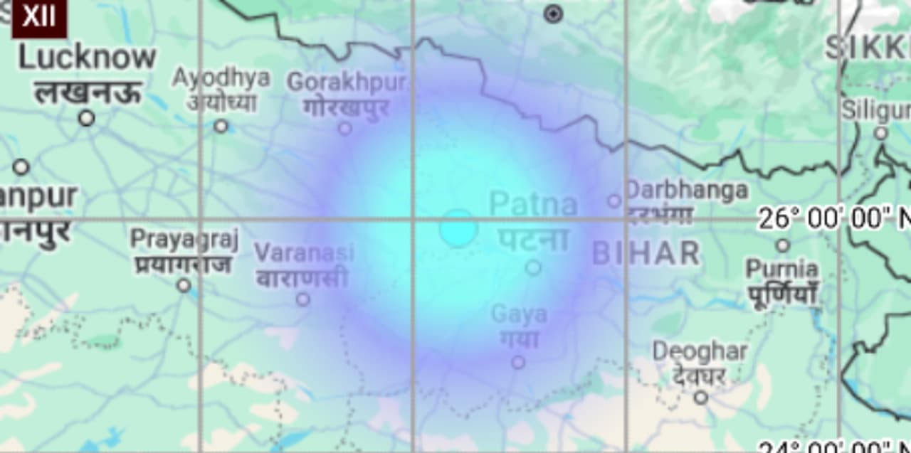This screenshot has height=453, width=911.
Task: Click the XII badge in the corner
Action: point(38,17)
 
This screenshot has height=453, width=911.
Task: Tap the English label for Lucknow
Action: point(87,58)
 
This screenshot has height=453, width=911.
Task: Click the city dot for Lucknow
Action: point(87,118)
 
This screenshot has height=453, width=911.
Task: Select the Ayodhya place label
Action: point(221,78)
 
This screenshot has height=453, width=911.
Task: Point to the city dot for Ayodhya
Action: point(221,126)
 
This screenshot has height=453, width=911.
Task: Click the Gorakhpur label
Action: point(347,82)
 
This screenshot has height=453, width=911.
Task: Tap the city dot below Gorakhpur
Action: point(345,128)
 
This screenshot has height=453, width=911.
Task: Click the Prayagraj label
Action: point(184,239)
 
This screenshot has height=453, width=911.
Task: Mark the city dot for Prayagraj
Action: point(184,285)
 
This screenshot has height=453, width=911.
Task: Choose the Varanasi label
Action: point(304,252)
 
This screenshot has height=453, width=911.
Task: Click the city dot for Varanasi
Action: point(303,299)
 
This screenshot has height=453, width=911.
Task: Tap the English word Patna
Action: point(533,205)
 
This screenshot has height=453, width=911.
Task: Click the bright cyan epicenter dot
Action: point(458,228)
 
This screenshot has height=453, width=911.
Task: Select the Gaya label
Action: point(519,314)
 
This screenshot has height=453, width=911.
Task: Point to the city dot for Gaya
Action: point(518,362)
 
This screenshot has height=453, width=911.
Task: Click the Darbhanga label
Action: point(686,190)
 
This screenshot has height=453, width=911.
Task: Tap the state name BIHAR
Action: point(646,253)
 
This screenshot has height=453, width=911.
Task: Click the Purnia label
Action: point(781,270)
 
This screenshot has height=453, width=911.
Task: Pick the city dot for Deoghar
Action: point(701,397)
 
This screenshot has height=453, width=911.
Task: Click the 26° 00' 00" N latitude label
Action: point(833,218)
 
